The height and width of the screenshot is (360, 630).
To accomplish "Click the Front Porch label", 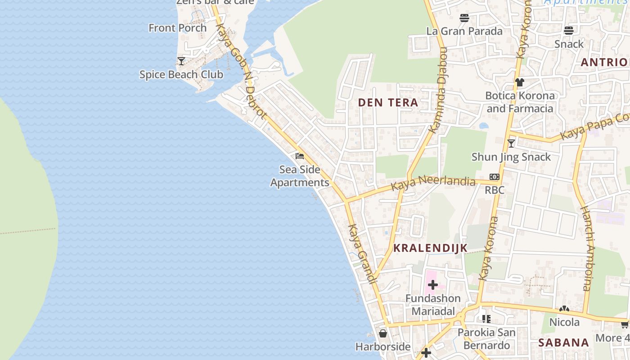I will (178, 28).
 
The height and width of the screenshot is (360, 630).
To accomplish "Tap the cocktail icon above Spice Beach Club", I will (181, 61).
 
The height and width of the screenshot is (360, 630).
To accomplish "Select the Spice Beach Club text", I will (181, 74).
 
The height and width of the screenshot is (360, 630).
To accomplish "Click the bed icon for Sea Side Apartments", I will (300, 156).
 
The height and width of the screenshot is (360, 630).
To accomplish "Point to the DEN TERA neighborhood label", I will (388, 103).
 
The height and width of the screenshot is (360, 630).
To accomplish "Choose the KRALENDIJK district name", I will (430, 248).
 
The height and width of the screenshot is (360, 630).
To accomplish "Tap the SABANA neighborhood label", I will (564, 342).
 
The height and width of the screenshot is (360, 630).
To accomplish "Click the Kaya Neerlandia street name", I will (433, 182).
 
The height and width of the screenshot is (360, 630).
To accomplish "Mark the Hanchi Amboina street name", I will (585, 248).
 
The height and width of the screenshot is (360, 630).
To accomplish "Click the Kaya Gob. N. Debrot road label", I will (241, 71).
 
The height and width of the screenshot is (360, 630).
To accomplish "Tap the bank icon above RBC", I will (495, 177).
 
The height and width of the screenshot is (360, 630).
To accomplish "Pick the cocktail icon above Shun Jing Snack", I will (511, 144).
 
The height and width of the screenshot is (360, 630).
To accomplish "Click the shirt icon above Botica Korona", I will (520, 82).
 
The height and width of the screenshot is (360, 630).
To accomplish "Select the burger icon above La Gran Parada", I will (464, 18).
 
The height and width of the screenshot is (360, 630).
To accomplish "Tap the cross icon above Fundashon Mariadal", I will (433, 284).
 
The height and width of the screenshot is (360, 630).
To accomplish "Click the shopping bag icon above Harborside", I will (383, 333).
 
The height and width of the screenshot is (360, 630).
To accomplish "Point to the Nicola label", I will (564, 322).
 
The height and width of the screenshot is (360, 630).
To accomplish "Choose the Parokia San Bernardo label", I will (486, 339).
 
